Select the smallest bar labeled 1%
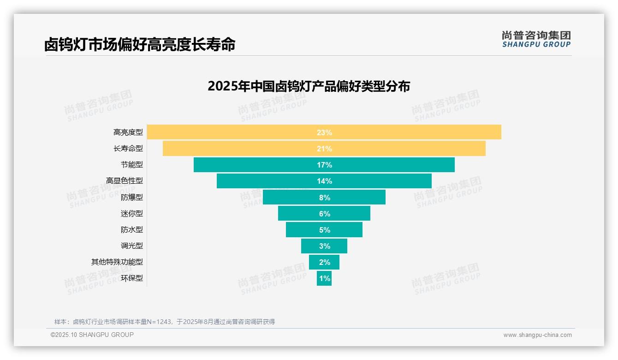tap(324, 278)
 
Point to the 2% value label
tap(324, 262)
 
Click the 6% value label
tap(324, 214)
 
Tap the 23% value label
tap(324, 132)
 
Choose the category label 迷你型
tap(132, 214)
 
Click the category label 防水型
tap(132, 230)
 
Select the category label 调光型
tap(132, 246)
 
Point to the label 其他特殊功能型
tap(117, 262)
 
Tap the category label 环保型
tap(132, 278)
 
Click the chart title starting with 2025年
tap(309, 86)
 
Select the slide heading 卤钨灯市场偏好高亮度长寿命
tap(140, 44)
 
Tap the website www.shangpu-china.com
tap(537, 335)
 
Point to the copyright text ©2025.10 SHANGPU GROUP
tap(92, 335)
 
